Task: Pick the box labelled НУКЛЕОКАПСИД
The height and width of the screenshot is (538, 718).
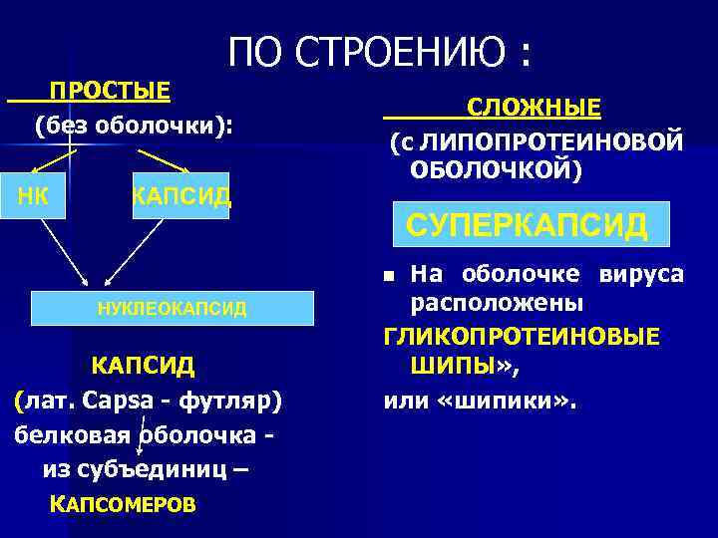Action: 172,309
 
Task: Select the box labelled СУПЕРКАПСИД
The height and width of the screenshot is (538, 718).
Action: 527,224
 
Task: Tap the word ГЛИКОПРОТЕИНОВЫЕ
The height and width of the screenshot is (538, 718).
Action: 522,338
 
